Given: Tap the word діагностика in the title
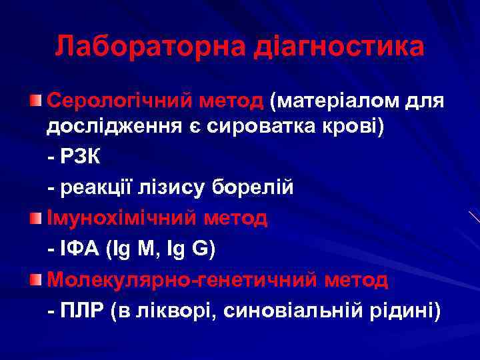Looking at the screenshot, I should (x=340, y=47).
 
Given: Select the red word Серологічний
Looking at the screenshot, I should (x=122, y=101).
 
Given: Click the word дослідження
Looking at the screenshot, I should (x=111, y=127).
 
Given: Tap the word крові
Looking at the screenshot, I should (x=355, y=127).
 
